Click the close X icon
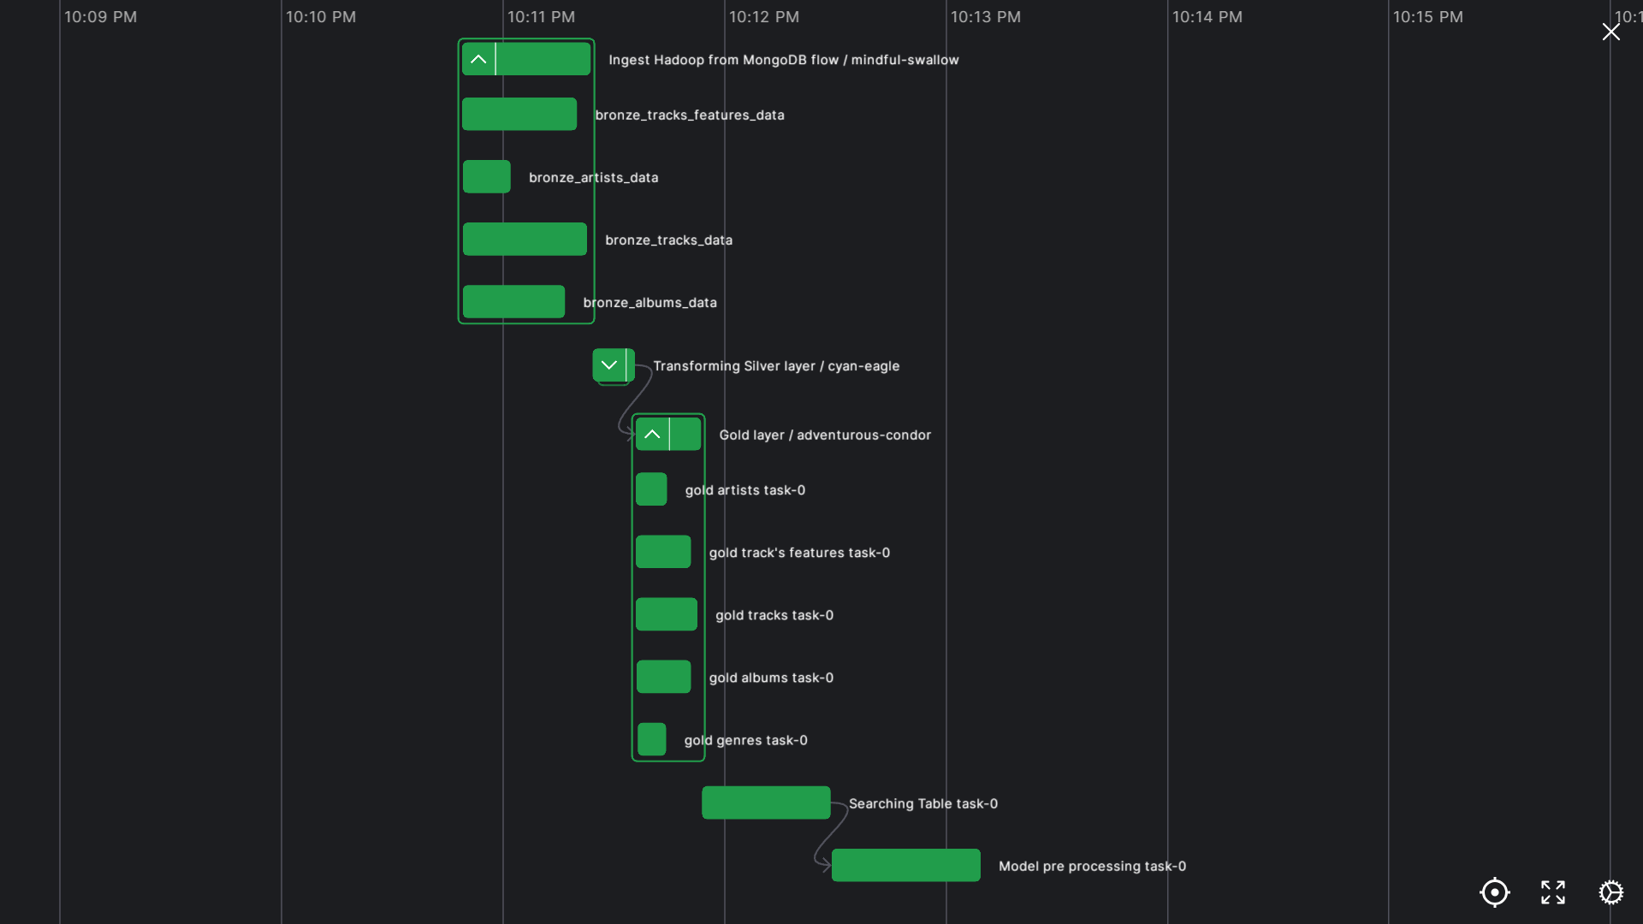click(x=1610, y=33)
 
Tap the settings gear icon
click(x=1610, y=892)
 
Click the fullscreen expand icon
click(x=1552, y=892)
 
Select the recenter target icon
click(x=1494, y=892)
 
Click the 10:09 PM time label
click(x=100, y=17)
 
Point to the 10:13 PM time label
click(x=985, y=17)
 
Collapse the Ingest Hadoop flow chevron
click(x=478, y=59)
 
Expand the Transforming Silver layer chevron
click(x=609, y=365)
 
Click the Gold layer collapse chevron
click(x=652, y=435)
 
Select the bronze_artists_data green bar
click(x=486, y=177)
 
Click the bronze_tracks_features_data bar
click(x=519, y=114)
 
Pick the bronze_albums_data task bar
click(x=513, y=302)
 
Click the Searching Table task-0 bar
click(x=765, y=803)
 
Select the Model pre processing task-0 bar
click(x=905, y=865)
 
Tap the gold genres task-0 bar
click(x=651, y=739)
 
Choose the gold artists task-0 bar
click(x=651, y=489)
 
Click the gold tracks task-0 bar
click(x=666, y=614)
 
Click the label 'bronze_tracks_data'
click(x=668, y=240)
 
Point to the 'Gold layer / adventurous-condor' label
click(x=824, y=435)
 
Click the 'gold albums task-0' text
click(x=770, y=678)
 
